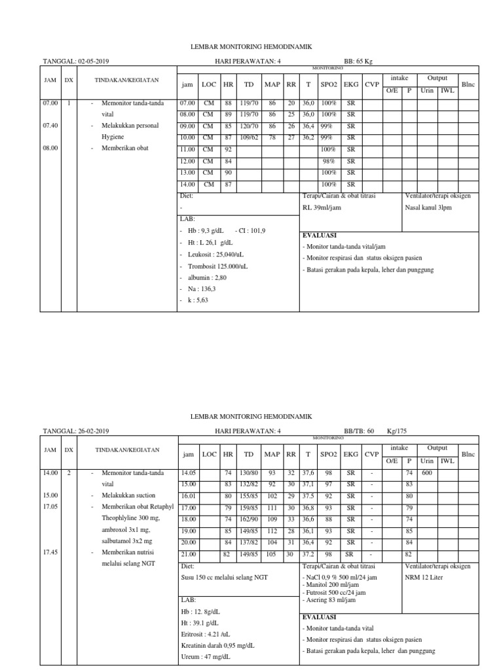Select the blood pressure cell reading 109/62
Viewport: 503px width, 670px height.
249,138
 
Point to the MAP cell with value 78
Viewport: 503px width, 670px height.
272,138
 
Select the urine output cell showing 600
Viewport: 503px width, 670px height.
428,472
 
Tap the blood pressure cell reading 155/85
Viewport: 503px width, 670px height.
249,496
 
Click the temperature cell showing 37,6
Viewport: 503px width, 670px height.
308,472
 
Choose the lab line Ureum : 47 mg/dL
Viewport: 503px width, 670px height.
204,657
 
